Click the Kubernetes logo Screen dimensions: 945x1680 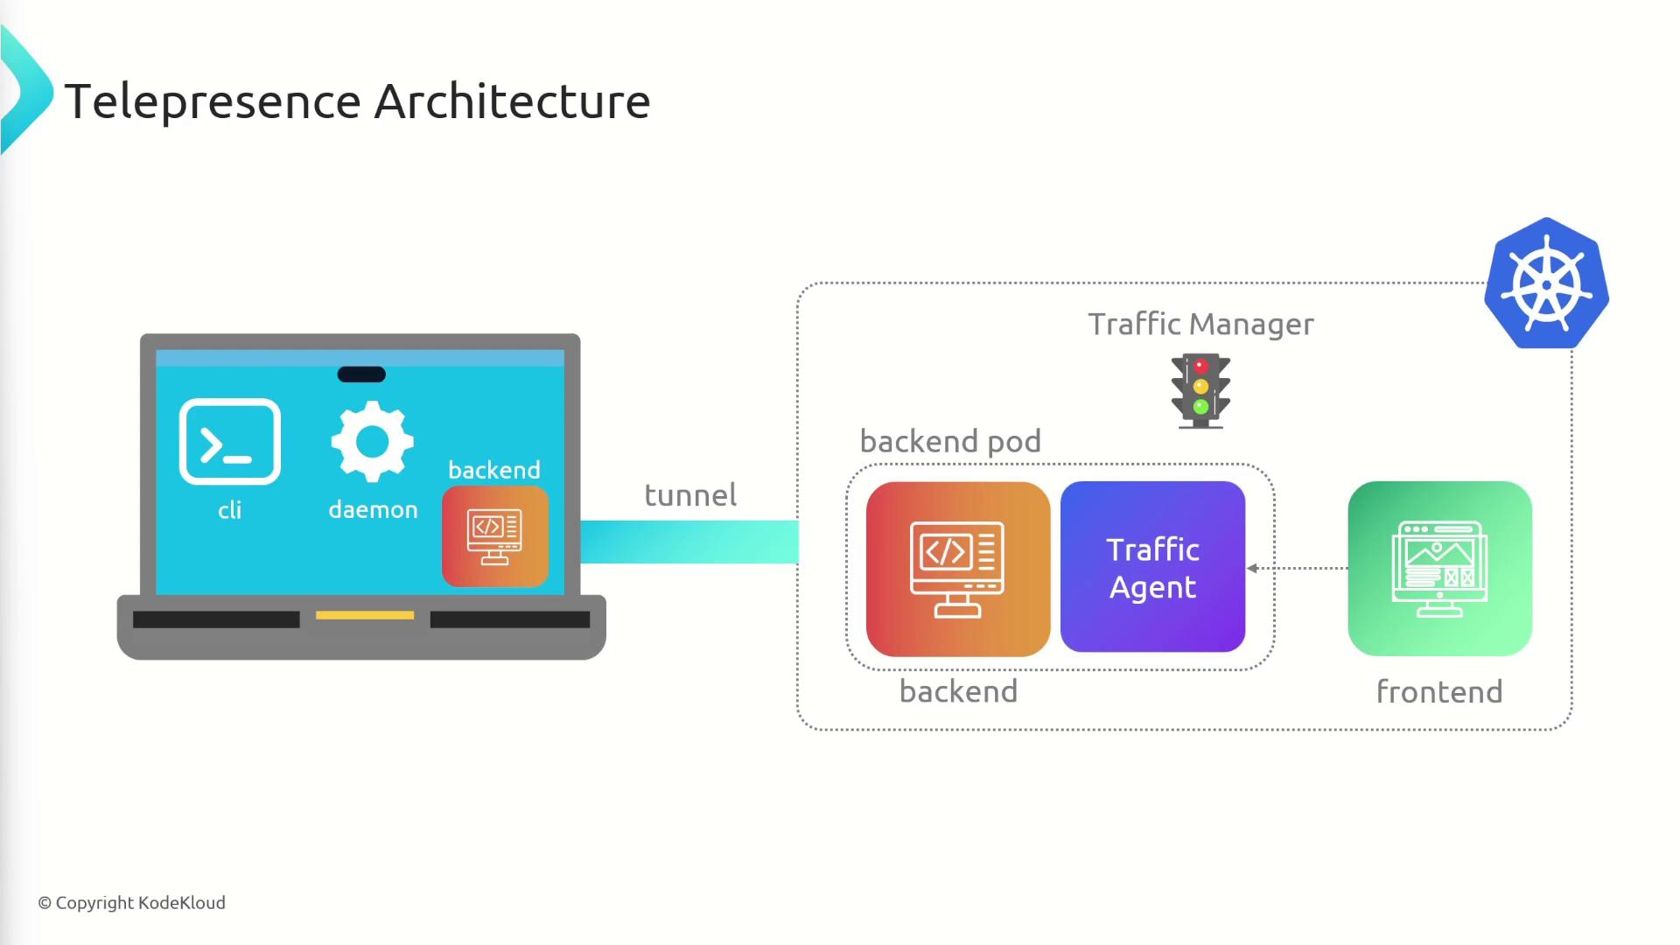tap(1546, 283)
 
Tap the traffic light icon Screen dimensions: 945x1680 tap(1200, 390)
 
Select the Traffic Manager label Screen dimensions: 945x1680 tap(1200, 325)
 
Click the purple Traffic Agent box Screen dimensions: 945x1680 tap(1152, 567)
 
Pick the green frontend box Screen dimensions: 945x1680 tap(1439, 569)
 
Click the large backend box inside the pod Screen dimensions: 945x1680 tap(957, 569)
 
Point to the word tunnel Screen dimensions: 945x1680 tap(690, 495)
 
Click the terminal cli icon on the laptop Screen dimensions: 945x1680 tap(229, 442)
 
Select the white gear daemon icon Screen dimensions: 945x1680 tap(372, 441)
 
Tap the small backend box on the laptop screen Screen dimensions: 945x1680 tap(495, 536)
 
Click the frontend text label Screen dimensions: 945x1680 tap(1439, 692)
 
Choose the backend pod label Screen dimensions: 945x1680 tap(950, 442)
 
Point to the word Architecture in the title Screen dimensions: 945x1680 tap(512, 101)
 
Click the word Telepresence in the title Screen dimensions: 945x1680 tap(213, 101)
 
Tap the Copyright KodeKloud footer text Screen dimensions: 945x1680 tap(131, 903)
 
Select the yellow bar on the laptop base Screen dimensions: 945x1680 tap(365, 615)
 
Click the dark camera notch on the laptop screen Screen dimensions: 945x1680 tap(361, 374)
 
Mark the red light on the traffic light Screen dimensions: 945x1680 tap(1200, 367)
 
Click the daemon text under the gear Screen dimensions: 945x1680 tap(373, 510)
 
